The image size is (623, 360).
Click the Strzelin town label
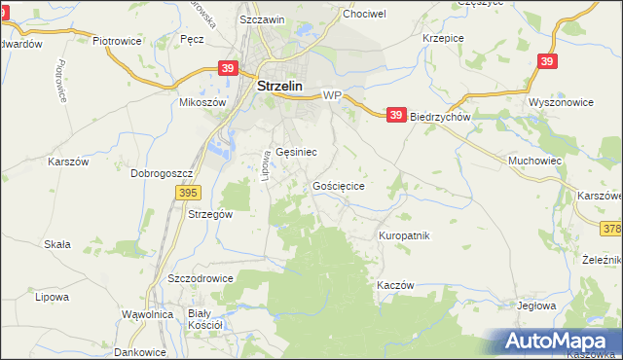point(280,86)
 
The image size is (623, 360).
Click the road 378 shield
point(612,229)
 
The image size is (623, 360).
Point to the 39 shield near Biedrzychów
point(395,115)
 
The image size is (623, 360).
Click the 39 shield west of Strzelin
point(227,69)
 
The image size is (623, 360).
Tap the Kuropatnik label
point(404,235)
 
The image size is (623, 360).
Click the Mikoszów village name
point(202,102)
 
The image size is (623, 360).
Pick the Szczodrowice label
point(201,277)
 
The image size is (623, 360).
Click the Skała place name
point(57,244)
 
